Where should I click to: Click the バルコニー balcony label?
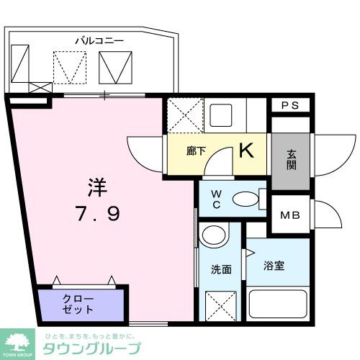click(99, 40)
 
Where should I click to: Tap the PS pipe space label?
click(289, 105)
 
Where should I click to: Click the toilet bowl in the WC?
click(248, 198)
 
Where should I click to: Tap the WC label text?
click(216, 198)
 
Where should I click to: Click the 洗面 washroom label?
click(220, 270)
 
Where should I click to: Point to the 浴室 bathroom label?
click(274, 266)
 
